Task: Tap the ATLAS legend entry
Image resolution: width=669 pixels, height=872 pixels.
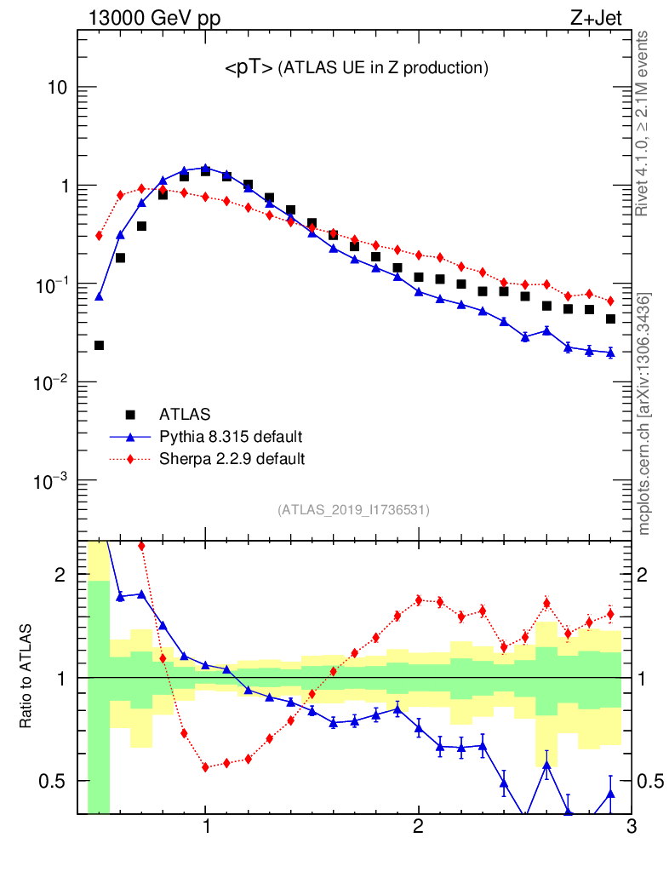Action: pos(185,415)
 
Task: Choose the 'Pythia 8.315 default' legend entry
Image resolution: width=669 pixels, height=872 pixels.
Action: pos(231,437)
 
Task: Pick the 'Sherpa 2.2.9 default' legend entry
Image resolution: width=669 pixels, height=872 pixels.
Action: pos(232,459)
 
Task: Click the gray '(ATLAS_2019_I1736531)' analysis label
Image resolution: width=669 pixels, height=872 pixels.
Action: pos(353,510)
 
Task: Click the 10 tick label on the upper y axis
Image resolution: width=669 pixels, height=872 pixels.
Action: pos(55,88)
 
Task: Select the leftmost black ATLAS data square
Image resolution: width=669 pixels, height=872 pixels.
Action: pos(99,345)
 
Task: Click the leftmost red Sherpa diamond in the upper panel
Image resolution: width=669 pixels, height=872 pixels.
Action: pos(99,236)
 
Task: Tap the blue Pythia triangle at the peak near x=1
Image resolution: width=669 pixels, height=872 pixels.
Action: pos(205,168)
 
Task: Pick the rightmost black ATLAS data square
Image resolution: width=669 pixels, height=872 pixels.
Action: pos(610,319)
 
